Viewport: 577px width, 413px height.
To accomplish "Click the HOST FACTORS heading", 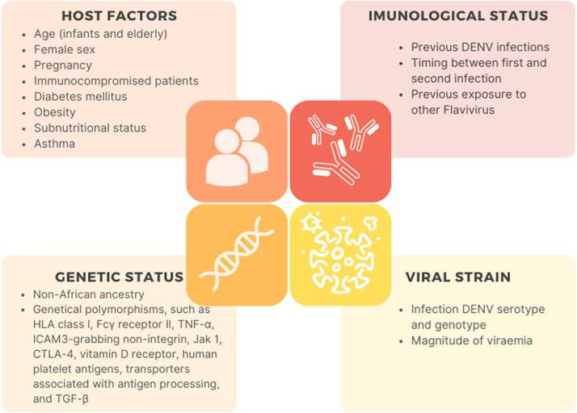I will click(x=119, y=15).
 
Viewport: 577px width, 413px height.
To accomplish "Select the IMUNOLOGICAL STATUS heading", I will click(x=458, y=15).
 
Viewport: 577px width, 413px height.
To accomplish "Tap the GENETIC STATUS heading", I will click(x=120, y=277).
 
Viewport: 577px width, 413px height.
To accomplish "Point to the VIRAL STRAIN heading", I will click(x=458, y=277).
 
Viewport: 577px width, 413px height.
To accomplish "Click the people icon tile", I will click(x=236, y=151).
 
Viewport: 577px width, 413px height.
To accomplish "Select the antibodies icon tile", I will click(x=340, y=151).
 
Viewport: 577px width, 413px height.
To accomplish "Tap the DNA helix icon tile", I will click(x=236, y=255).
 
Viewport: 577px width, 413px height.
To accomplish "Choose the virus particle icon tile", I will click(x=340, y=255).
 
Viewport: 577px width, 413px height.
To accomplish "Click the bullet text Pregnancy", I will click(x=62, y=65).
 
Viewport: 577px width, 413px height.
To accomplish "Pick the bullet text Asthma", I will click(x=55, y=143).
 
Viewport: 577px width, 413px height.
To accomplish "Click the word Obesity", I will click(x=55, y=112).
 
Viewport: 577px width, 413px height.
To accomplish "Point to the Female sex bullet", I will click(x=65, y=50).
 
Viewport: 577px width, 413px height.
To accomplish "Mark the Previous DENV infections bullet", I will click(x=480, y=47).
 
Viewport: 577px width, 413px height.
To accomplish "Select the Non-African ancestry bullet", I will click(x=88, y=294).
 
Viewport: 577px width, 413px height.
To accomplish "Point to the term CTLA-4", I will click(x=53, y=353).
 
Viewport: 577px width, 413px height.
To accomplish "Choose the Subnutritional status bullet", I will click(x=90, y=127).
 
